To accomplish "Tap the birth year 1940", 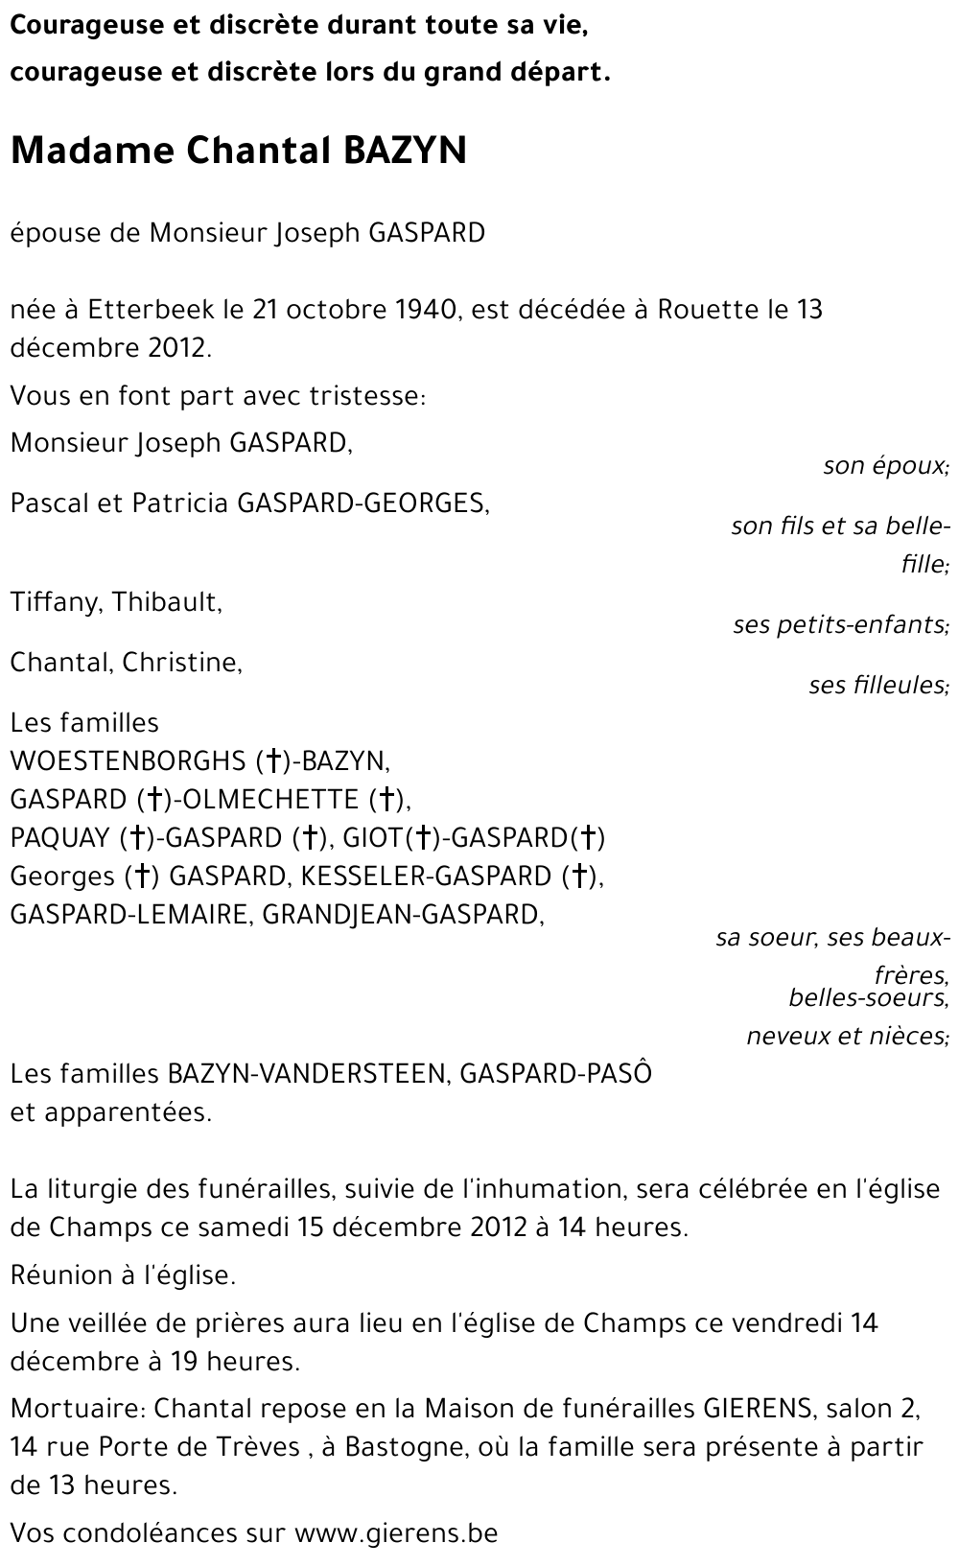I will (x=424, y=310).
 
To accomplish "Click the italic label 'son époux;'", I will (x=885, y=466).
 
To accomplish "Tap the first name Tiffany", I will (x=56, y=602).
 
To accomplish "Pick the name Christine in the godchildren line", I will (x=181, y=663).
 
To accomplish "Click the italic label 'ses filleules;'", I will (x=878, y=685).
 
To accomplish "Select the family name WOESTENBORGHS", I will (x=128, y=761).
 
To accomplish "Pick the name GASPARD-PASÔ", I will (x=555, y=1074).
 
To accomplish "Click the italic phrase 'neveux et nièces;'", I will (x=848, y=1036).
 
